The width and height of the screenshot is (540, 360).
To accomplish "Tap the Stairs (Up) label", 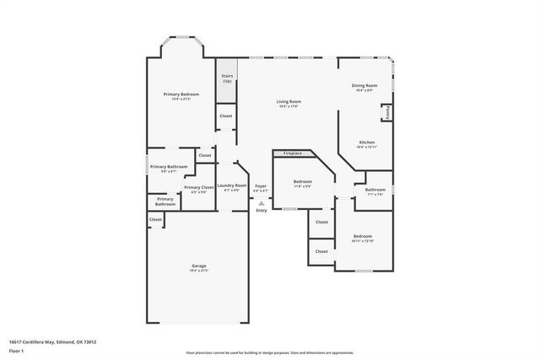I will coord(226,78).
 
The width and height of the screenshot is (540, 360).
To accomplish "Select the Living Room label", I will coord(289,102).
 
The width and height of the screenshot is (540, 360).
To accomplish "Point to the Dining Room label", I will coord(364,85).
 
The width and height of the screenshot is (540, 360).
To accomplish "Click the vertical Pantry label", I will coord(386,111).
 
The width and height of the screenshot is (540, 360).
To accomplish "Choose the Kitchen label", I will coord(366,142).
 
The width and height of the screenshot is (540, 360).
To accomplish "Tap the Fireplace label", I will coord(293,153).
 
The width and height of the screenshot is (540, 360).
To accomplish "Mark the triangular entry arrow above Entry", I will coord(262,203).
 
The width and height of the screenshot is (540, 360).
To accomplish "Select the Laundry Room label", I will coord(232,185).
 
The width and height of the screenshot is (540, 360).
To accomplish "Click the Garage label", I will coord(198,266).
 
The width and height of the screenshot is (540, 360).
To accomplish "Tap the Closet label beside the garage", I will coord(155,219).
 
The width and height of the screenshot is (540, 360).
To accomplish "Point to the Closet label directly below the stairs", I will coord(226,116).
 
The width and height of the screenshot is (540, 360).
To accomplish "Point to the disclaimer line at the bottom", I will coord(270,352).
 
